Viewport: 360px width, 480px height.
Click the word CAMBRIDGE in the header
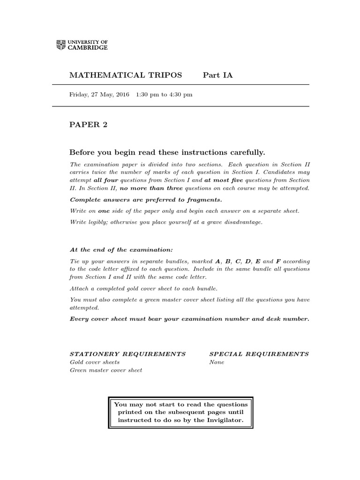[x=87, y=48]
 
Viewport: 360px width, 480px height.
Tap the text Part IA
[x=217, y=75]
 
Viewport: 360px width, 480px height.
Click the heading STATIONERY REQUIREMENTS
[x=127, y=354]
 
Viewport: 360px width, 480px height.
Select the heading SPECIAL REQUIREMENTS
[x=259, y=354]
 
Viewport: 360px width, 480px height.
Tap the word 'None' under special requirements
[x=217, y=362]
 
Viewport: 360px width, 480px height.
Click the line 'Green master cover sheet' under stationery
[x=106, y=370]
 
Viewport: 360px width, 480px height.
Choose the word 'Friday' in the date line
[x=78, y=94]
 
